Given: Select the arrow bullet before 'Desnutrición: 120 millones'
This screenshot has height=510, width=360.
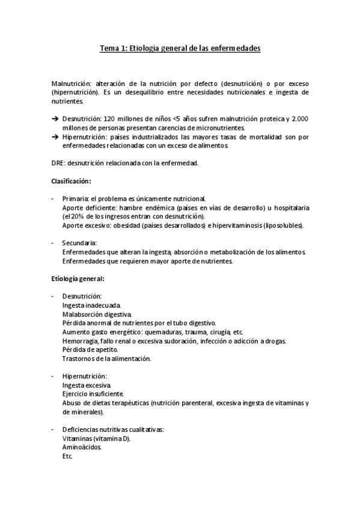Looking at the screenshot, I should click(55, 119).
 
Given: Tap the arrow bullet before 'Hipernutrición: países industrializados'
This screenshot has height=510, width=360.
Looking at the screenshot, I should click(55, 137).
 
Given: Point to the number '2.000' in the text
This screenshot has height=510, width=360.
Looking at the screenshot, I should click(300, 119).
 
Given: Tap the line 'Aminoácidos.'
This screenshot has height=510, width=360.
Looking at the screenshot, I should click(82, 447).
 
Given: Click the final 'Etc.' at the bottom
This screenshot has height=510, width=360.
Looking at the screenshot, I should click(67, 456).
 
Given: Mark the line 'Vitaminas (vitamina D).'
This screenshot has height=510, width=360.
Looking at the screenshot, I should click(96, 438).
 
